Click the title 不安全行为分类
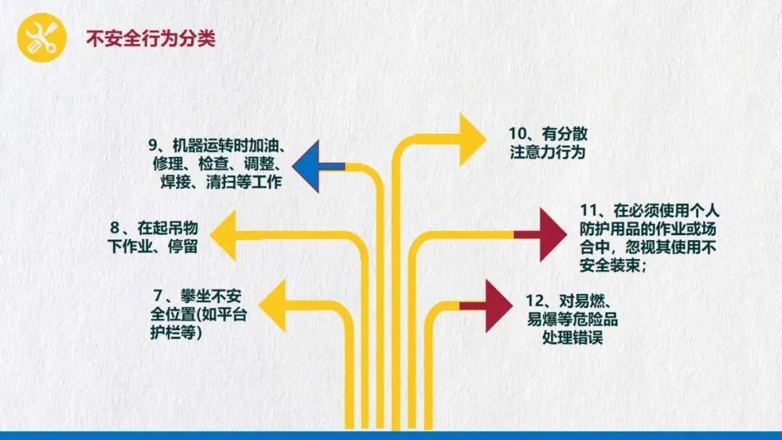click(x=151, y=38)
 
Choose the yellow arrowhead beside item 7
click(x=272, y=305)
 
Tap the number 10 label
click(x=517, y=135)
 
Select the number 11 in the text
click(x=588, y=211)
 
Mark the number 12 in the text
click(x=534, y=300)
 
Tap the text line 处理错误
click(x=572, y=338)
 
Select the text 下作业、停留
click(x=153, y=247)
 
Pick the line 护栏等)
click(x=170, y=333)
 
